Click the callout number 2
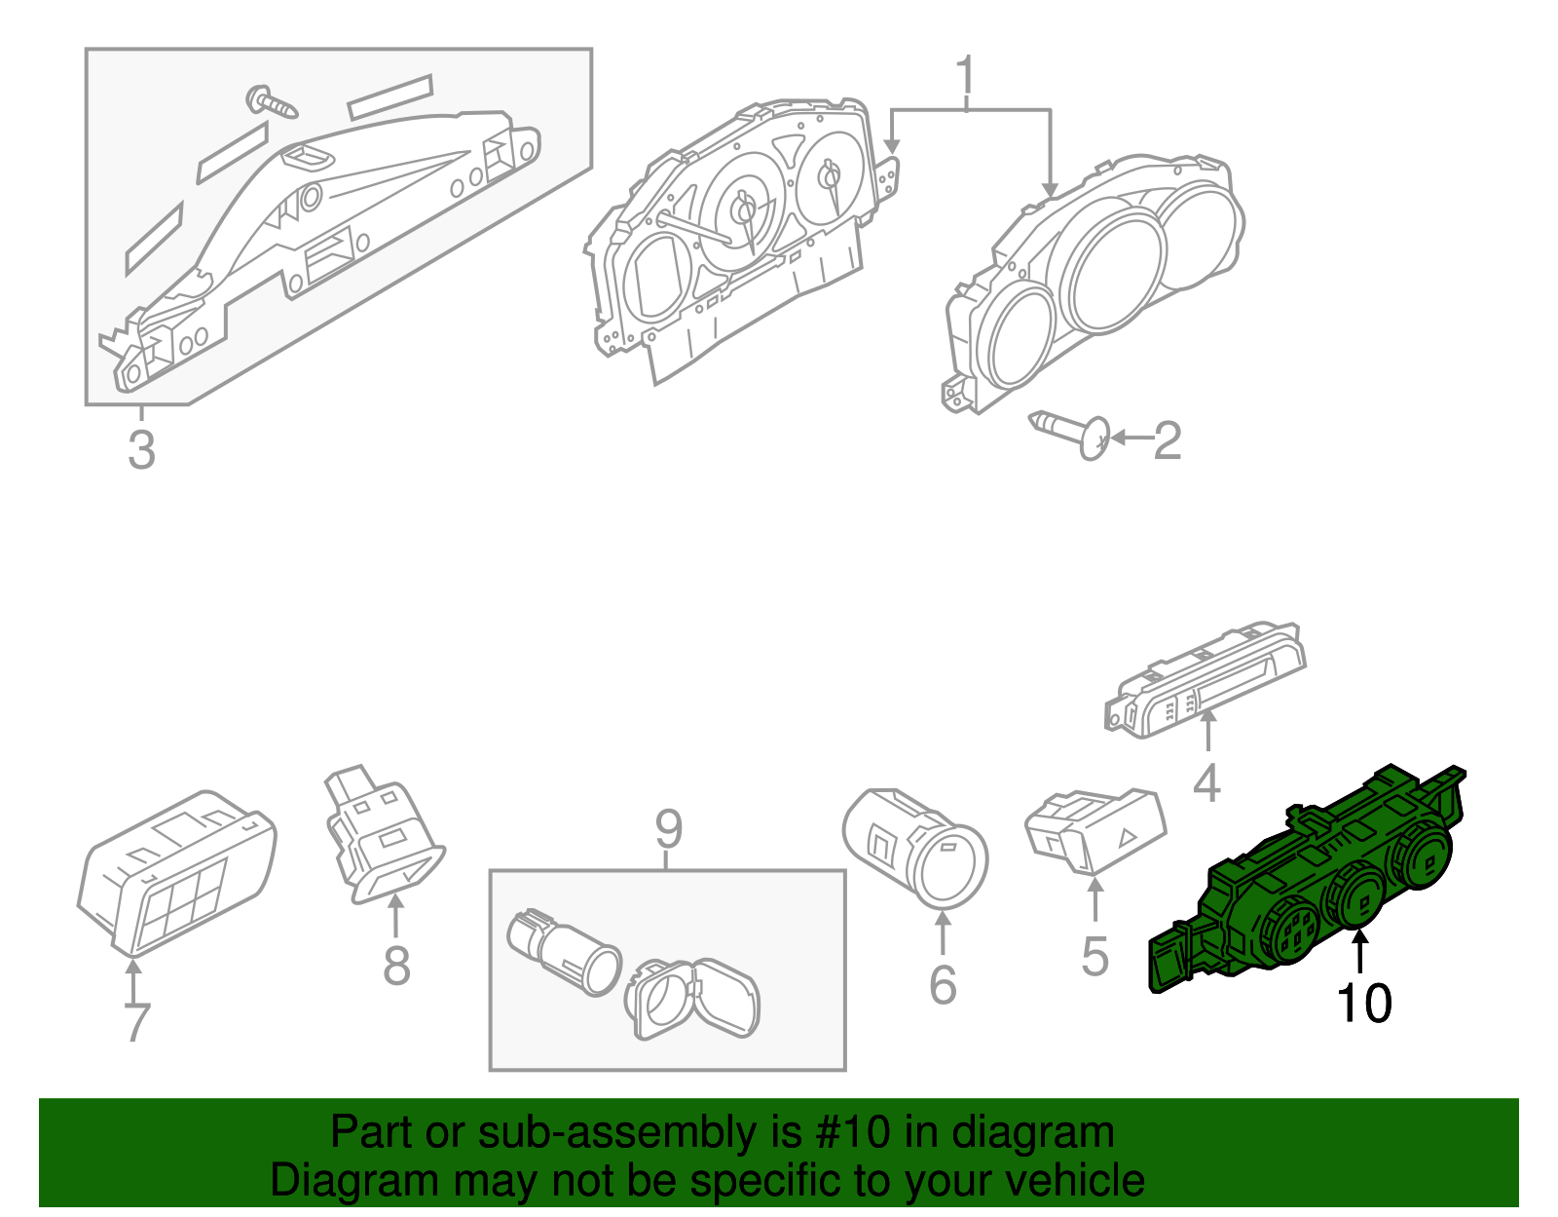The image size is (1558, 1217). pyautogui.click(x=1167, y=441)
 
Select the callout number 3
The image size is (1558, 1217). pyautogui.click(x=141, y=451)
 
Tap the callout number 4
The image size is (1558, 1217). pyautogui.click(x=1206, y=782)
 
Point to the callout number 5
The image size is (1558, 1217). pyautogui.click(x=1094, y=956)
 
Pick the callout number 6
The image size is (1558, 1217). pyautogui.click(x=943, y=985)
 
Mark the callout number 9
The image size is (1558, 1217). pyautogui.click(x=668, y=829)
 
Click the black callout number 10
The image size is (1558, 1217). pyautogui.click(x=1363, y=1003)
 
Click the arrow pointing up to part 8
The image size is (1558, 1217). pyautogui.click(x=395, y=916)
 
